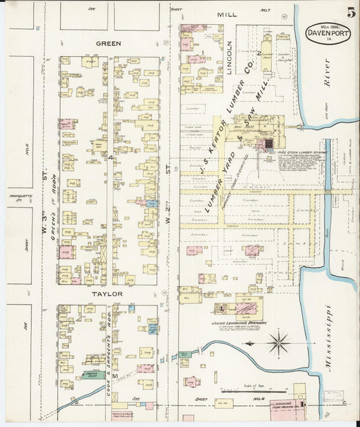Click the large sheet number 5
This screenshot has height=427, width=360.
pyautogui.click(x=351, y=13)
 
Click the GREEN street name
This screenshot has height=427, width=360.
pyautogui.click(x=108, y=43)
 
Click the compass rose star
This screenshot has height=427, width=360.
pyautogui.click(x=278, y=344)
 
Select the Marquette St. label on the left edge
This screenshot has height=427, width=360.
pyautogui.click(x=20, y=199)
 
